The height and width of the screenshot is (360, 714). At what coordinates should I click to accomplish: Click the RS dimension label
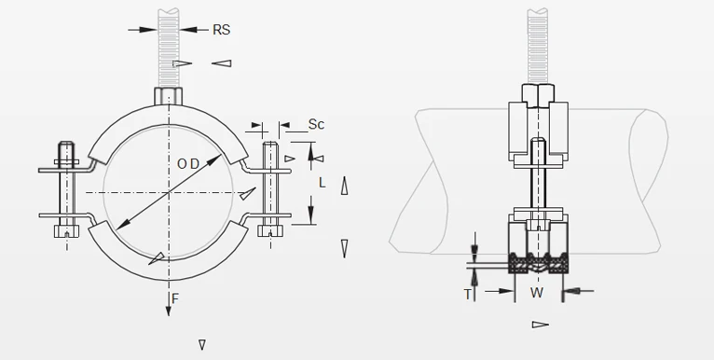[x=222, y=30]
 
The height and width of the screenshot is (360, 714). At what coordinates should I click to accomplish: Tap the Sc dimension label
[x=316, y=124]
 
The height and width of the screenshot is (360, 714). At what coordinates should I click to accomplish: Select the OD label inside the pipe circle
[x=188, y=164]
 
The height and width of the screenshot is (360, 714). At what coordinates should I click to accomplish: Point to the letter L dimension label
[x=323, y=183]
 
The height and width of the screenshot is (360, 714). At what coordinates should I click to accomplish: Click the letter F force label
[x=175, y=299]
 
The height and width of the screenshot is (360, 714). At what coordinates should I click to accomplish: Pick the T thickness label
[x=468, y=295]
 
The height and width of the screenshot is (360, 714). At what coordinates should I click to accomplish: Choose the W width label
[x=537, y=293]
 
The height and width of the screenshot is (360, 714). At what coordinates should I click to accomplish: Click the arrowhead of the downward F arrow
[x=169, y=311]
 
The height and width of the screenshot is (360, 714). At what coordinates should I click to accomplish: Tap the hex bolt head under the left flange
[x=66, y=231]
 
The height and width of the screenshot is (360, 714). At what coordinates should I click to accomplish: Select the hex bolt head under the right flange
[x=270, y=230]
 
